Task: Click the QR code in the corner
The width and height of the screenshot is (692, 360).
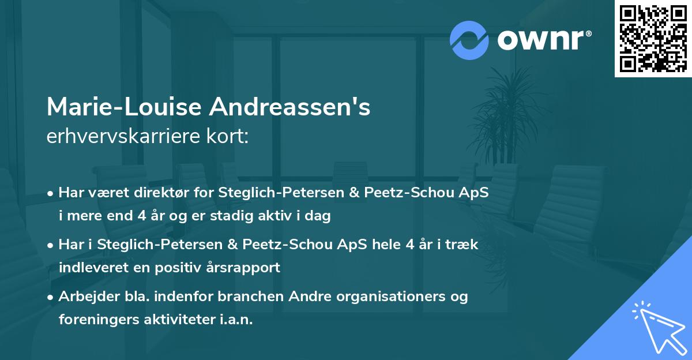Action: pos(653,38)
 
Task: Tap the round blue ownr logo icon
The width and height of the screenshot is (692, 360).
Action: pos(469,40)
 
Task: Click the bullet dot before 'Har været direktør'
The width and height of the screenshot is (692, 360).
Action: pos(51,193)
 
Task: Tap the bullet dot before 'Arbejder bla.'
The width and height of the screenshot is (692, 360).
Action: pos(51,297)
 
